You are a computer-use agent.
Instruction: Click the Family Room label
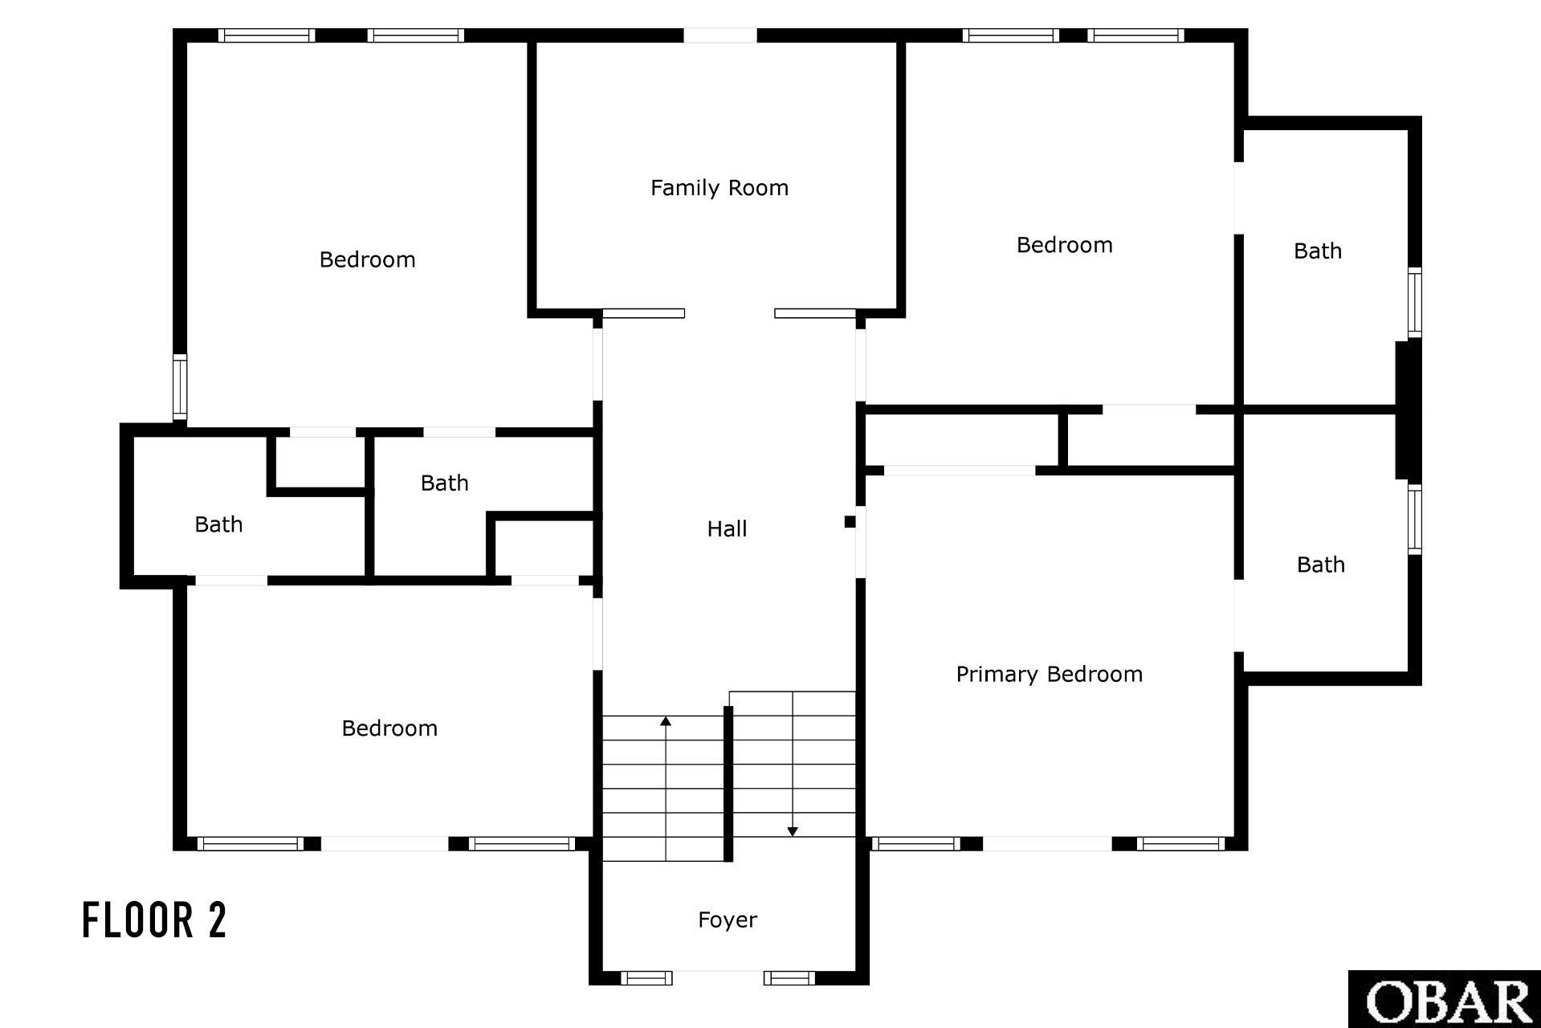click(720, 188)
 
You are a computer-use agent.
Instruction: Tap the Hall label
click(727, 528)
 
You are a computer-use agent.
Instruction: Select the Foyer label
click(728, 920)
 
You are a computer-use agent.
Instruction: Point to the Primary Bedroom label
click(1049, 675)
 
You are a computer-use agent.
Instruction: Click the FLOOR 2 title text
click(155, 920)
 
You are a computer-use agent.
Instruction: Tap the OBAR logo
click(1445, 1000)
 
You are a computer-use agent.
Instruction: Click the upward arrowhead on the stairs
click(666, 721)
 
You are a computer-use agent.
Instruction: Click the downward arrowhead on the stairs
click(793, 831)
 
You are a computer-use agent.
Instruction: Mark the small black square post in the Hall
click(850, 522)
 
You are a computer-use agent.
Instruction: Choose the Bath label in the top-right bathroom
click(1318, 251)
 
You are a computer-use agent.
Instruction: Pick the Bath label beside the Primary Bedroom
click(1321, 565)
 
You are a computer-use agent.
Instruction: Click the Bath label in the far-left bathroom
click(218, 524)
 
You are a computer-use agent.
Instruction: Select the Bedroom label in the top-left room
click(368, 259)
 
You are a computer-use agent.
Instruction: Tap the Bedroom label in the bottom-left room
click(389, 728)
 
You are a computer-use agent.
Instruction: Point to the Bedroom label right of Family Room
click(1065, 245)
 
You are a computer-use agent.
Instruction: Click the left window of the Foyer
click(646, 977)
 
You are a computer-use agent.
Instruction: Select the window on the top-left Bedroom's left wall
click(180, 387)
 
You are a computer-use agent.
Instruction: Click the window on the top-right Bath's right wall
click(1415, 302)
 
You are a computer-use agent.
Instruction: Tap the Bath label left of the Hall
click(445, 483)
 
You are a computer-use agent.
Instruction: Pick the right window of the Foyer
click(789, 977)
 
